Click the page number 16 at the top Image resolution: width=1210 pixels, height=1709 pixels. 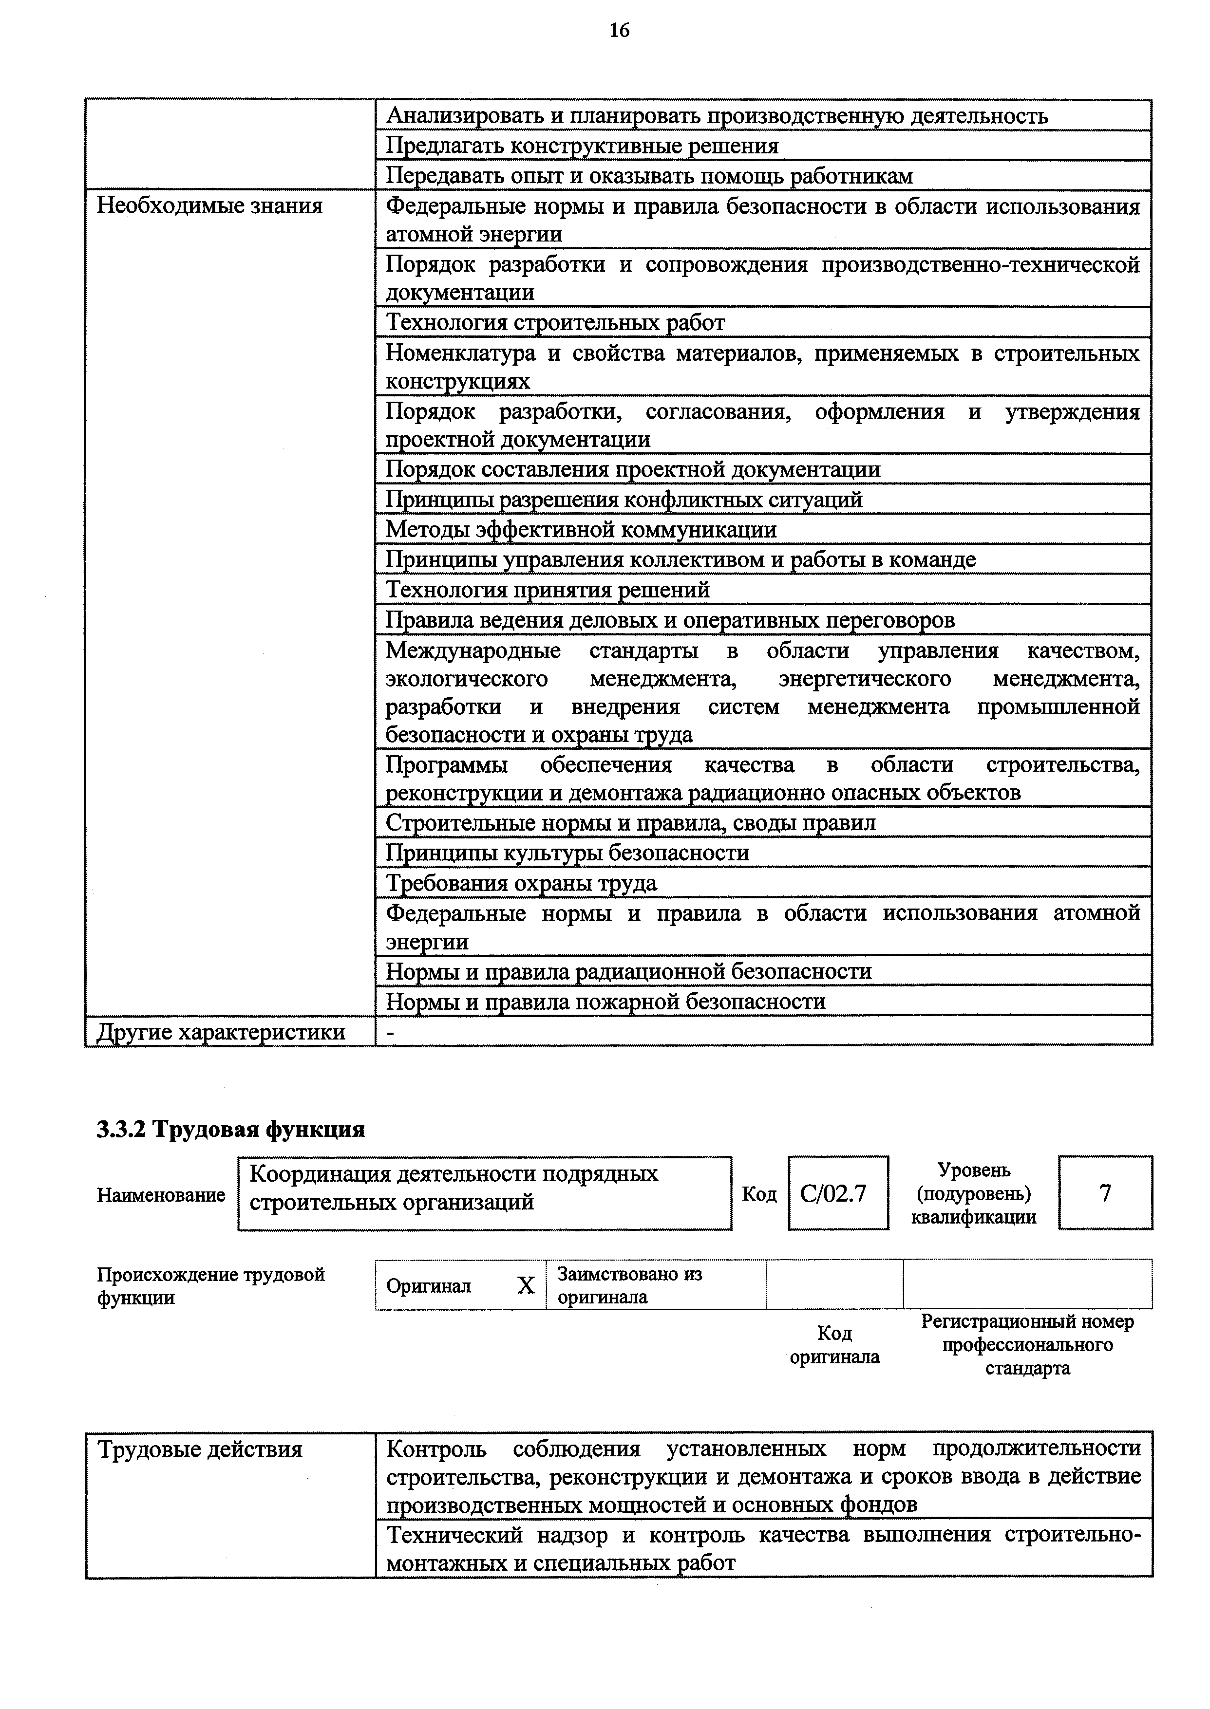coord(619,31)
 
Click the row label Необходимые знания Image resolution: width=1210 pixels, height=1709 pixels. coord(209,205)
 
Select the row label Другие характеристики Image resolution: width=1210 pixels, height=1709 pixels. coord(221,1031)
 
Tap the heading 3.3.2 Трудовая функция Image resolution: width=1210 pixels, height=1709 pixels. coord(231,1130)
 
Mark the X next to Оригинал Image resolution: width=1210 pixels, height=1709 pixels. coord(526,1285)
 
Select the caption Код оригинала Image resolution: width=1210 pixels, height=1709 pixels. coord(834,1345)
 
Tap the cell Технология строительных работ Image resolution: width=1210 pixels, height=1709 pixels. coord(555,322)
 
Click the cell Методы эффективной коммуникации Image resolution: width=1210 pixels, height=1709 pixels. coord(581,529)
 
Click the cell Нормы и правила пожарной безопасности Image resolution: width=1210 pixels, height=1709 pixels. coord(605,1002)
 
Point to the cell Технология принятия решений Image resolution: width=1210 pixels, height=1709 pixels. coord(548,590)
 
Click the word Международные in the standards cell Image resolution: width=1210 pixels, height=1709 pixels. coord(473,651)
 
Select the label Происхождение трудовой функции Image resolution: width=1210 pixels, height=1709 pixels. coord(211,1286)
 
